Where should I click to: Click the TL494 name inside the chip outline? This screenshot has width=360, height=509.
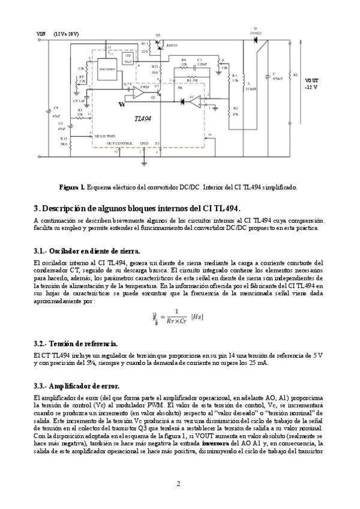[143, 118]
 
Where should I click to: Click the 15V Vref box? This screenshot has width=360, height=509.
[128, 58]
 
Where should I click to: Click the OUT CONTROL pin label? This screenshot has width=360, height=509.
[119, 143]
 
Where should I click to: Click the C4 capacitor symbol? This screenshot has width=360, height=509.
[49, 110]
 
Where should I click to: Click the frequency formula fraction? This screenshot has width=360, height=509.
[176, 315]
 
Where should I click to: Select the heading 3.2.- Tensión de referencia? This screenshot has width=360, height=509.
[75, 343]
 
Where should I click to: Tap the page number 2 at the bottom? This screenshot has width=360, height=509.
[178, 483]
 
